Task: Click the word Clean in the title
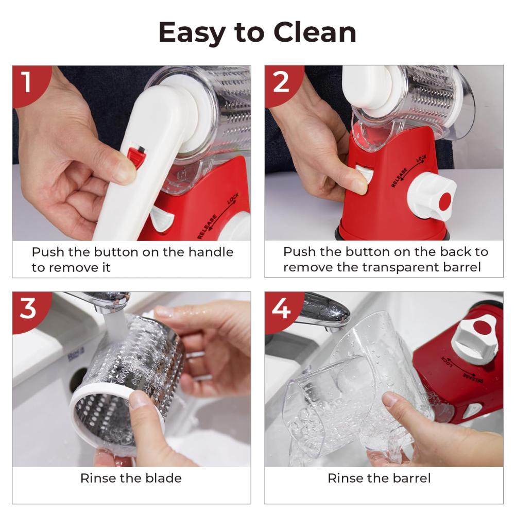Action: (315, 32)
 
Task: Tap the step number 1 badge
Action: (29, 84)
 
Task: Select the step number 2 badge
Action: (282, 84)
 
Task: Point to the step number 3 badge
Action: (29, 310)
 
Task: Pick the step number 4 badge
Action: (282, 310)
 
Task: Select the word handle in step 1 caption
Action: (211, 252)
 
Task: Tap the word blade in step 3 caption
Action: (163, 478)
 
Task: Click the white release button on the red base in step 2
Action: (364, 174)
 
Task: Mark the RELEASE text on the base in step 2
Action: (400, 177)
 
